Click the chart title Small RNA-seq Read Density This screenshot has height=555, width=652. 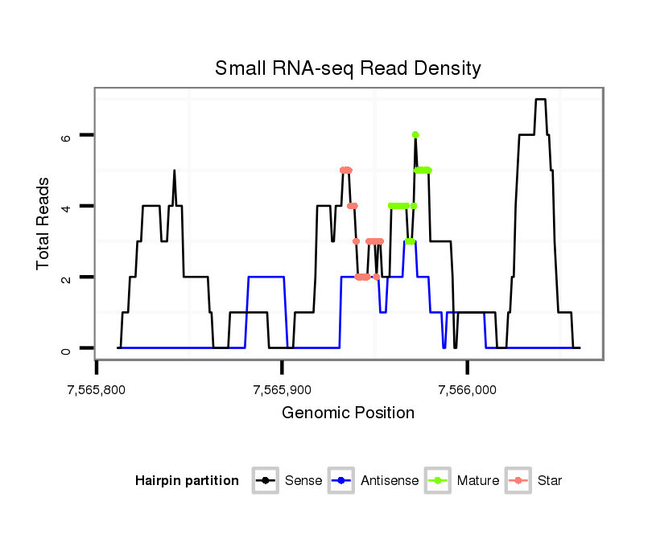point(348,68)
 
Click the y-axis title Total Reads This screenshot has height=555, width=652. point(44,223)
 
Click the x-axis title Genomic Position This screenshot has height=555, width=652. point(348,413)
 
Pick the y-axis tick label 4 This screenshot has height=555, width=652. point(67,206)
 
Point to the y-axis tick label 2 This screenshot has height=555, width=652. point(67,277)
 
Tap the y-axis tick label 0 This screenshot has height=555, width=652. point(67,348)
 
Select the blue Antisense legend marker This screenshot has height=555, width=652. point(342,481)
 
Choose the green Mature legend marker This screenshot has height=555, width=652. point(438,481)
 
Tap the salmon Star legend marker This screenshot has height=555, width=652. point(518,481)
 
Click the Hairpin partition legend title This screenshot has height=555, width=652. point(187,481)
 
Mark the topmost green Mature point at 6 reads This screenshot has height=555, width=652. point(415,134)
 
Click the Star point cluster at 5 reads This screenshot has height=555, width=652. point(346,170)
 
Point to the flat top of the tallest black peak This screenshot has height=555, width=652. point(540,100)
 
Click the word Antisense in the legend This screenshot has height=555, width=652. point(389,481)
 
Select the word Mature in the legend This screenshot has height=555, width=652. point(477,481)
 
